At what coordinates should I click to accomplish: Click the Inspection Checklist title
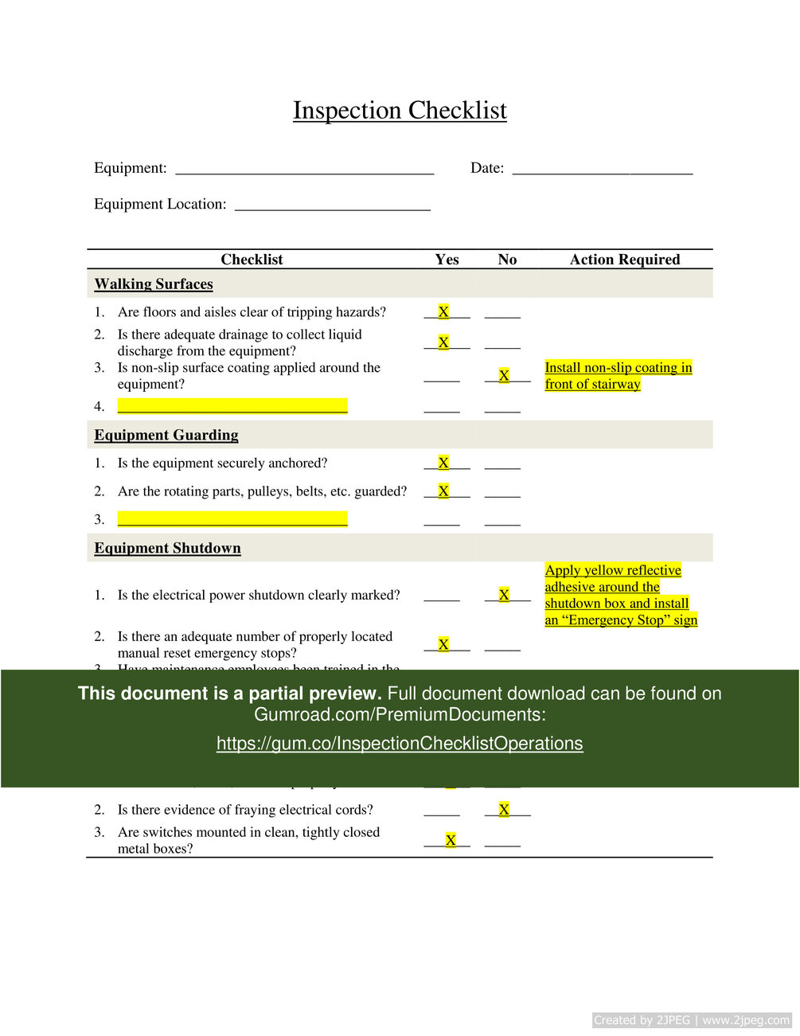tap(400, 110)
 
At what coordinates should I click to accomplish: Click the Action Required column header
tap(625, 260)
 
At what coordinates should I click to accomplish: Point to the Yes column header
tap(447, 260)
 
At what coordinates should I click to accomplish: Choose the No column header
tap(507, 260)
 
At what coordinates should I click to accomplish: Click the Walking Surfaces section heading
tap(154, 284)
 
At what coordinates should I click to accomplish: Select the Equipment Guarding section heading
tap(166, 435)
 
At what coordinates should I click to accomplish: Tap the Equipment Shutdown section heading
tap(167, 548)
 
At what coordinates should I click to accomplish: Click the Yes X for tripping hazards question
tap(443, 311)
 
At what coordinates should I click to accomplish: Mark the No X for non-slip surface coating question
tap(504, 375)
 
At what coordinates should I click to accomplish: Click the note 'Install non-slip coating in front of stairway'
tap(618, 376)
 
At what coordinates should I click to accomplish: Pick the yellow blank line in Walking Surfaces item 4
tap(232, 406)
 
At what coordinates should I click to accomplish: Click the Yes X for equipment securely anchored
tap(443, 463)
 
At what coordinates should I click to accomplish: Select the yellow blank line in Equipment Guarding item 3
tap(232, 519)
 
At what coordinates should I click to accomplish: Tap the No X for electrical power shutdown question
tap(504, 595)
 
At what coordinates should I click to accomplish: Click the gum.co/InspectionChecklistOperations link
tap(400, 743)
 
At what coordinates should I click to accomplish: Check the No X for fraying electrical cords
tap(504, 810)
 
